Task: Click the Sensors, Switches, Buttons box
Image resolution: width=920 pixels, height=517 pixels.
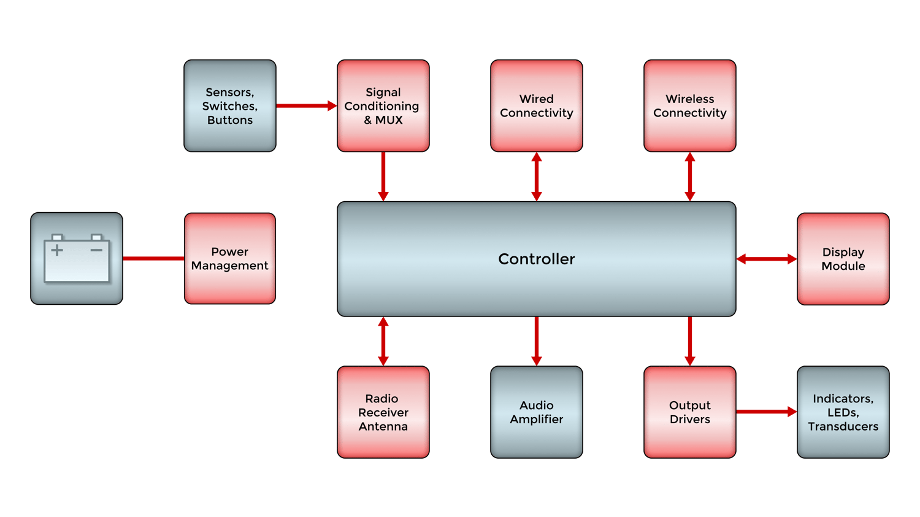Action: pyautogui.click(x=230, y=105)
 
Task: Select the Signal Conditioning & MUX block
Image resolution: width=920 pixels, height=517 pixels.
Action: pyautogui.click(x=383, y=105)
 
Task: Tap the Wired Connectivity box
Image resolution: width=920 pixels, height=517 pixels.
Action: pyautogui.click(x=537, y=105)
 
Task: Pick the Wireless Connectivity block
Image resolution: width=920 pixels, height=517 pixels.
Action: pyautogui.click(x=690, y=105)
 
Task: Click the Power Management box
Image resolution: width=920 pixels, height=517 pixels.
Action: pyautogui.click(x=230, y=258)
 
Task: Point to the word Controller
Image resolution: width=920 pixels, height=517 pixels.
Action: pyautogui.click(x=537, y=259)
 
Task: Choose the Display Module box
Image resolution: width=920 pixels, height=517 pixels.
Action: pyautogui.click(x=843, y=259)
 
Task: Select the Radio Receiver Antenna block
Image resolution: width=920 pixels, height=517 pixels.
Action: pyautogui.click(x=383, y=412)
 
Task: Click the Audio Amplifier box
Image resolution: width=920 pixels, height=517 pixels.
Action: pyautogui.click(x=537, y=412)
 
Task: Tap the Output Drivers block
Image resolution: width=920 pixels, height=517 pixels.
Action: pyautogui.click(x=690, y=412)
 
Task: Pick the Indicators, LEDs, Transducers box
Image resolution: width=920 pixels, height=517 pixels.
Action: pyautogui.click(x=843, y=412)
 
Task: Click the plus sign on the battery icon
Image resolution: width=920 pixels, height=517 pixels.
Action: pyautogui.click(x=57, y=250)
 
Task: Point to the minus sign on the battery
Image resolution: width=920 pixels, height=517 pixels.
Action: pyautogui.click(x=96, y=250)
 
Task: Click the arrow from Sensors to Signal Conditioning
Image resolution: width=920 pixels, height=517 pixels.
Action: pyautogui.click(x=306, y=105)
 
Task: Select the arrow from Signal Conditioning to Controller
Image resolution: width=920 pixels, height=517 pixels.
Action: pyautogui.click(x=383, y=177)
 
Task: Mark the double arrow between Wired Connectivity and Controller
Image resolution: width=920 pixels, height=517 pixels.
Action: pyautogui.click(x=537, y=177)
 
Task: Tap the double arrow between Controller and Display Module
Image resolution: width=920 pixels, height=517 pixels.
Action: pyautogui.click(x=767, y=259)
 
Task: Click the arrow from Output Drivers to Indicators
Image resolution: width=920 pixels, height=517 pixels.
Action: pyautogui.click(x=766, y=412)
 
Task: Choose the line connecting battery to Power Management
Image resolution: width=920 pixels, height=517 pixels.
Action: pyautogui.click(x=153, y=258)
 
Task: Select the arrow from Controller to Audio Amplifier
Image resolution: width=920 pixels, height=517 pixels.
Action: pyautogui.click(x=537, y=341)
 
